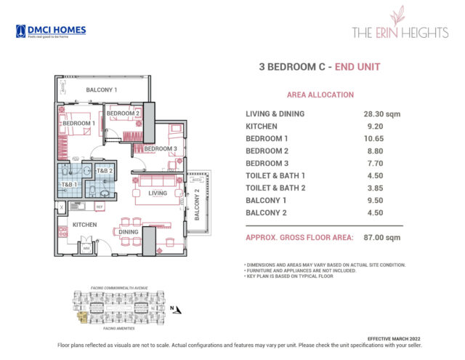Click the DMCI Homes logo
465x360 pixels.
(51, 31)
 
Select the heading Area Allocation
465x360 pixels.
(320, 95)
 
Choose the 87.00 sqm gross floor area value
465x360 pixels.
(382, 237)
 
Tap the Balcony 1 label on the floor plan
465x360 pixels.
(102, 90)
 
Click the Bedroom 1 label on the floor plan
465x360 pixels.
(79, 124)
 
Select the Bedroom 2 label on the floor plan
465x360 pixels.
(123, 113)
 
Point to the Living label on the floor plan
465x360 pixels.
(158, 193)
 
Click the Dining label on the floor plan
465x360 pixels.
(129, 232)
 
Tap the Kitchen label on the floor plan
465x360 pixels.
(85, 225)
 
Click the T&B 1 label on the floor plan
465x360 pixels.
(70, 185)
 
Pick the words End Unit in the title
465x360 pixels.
(356, 67)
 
